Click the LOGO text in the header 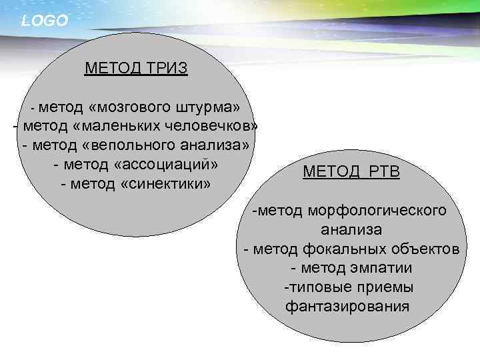point(44,21)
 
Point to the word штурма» point(211,108)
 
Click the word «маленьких point(122,127)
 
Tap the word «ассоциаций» point(168,164)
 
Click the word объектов point(427,249)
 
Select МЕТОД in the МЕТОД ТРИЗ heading point(111,69)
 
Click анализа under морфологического point(351,231)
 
